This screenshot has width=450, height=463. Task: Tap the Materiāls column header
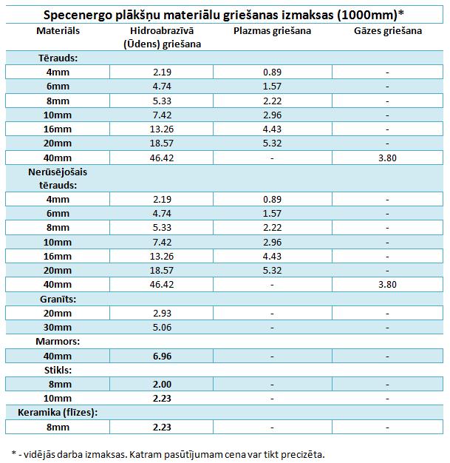coord(58,31)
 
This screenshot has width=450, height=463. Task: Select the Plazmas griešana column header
coord(272,31)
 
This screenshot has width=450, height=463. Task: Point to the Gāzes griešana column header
coord(388,31)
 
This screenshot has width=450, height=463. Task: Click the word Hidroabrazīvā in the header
coord(162,31)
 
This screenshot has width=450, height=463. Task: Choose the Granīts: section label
coord(58,299)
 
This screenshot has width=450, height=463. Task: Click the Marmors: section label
coord(58,342)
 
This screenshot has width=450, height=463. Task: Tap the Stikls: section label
coord(58,370)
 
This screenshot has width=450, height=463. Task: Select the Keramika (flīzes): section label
coord(58,413)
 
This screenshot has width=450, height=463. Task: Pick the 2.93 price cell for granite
coord(162,314)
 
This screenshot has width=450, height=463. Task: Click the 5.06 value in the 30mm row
coord(162,328)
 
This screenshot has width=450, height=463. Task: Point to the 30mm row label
coord(58,328)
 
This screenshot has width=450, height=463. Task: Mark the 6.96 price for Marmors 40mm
coord(162,356)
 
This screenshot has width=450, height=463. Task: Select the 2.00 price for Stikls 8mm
coord(162,385)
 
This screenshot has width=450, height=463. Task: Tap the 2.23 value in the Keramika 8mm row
coord(162,427)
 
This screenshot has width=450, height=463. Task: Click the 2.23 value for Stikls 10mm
coord(162,399)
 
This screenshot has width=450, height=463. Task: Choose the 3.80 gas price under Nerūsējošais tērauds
coord(387,285)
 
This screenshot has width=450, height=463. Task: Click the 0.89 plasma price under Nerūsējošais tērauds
coord(272,199)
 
